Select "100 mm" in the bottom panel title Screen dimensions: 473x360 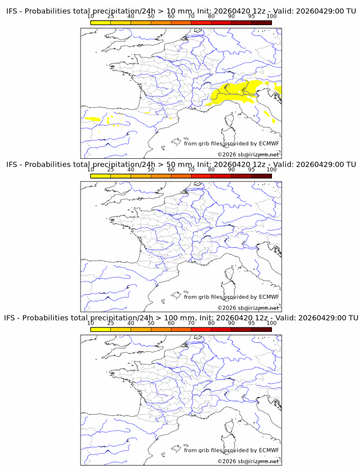point(179,318)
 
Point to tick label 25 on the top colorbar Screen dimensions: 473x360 point(111,17)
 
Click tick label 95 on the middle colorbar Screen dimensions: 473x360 point(251,170)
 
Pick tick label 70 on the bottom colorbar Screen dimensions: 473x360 point(191,323)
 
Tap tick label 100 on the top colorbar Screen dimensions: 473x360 point(271,17)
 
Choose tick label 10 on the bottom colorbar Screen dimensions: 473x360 point(91,323)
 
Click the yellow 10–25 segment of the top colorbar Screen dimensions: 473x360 point(101,22)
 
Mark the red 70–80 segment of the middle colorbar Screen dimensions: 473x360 point(201,175)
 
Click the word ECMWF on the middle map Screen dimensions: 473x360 point(269,297)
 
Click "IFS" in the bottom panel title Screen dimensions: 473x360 point(12,318)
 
